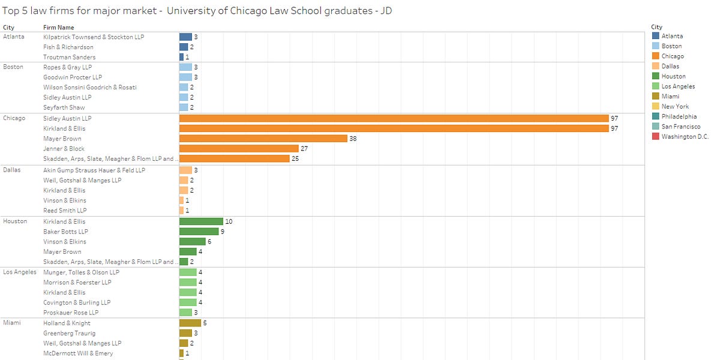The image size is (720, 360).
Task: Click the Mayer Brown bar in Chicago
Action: tap(263, 139)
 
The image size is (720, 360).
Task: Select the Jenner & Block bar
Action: tap(239, 149)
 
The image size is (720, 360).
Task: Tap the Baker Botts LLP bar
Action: tap(199, 232)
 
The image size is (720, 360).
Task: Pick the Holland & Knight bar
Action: tap(190, 323)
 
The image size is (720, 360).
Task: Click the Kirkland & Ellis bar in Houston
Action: tap(201, 221)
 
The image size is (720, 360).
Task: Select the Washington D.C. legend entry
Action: tap(685, 137)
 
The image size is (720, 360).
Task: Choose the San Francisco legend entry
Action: tap(680, 127)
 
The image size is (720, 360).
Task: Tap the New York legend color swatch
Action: tap(655, 106)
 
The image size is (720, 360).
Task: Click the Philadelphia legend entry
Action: tap(679, 116)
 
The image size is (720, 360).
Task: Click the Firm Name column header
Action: tap(59, 27)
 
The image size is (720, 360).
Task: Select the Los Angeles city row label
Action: tap(19, 272)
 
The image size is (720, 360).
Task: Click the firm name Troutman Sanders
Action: tap(69, 57)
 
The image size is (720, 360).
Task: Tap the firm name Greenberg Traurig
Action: tap(69, 333)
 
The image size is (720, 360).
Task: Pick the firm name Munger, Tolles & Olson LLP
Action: tap(81, 272)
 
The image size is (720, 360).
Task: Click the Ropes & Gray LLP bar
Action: tap(185, 67)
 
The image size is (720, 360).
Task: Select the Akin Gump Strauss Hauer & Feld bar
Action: tap(185, 170)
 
